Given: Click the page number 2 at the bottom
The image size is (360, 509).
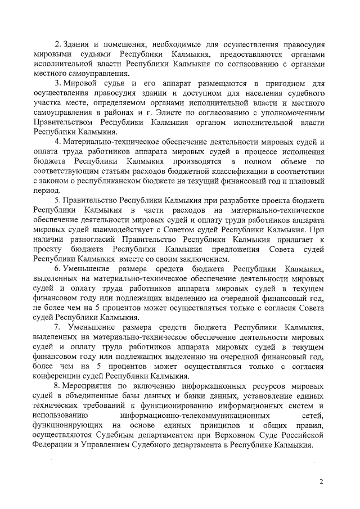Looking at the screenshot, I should (x=322, y=481).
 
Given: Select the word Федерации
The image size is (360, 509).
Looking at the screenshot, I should (x=54, y=444).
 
